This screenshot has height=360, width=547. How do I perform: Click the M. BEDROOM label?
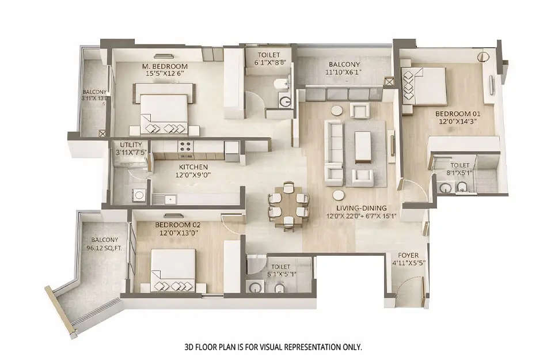point(165,66)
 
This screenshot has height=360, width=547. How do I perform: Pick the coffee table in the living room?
point(362,146)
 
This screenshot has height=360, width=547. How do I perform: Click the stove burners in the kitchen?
point(187,148)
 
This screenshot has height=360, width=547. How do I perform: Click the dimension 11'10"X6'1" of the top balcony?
point(344,73)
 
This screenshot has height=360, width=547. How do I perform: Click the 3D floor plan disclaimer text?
point(273,347)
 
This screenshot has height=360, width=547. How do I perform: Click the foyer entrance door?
point(410,288)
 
